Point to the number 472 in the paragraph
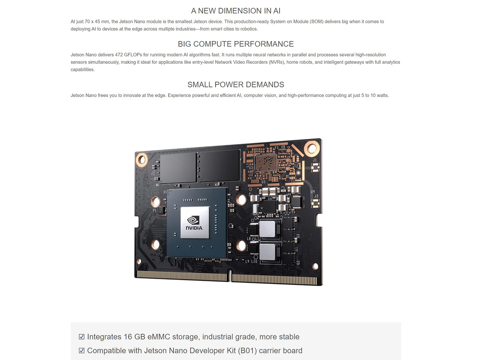pyautogui.click(x=119, y=55)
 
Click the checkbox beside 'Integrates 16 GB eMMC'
pyautogui.click(x=82, y=337)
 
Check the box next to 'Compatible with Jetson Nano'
pyautogui.click(x=82, y=351)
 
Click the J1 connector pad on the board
pyautogui.click(x=315, y=167)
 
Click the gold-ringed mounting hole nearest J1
pyautogui.click(x=312, y=148)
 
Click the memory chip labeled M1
pyautogui.click(x=178, y=168)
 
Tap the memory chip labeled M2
pyautogui.click(x=219, y=166)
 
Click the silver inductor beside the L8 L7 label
pyautogui.click(x=267, y=229)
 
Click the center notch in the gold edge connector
pyautogui.click(x=230, y=276)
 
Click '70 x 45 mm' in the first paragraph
pyautogui.click(x=97, y=22)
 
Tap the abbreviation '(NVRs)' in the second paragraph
pyautogui.click(x=277, y=62)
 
